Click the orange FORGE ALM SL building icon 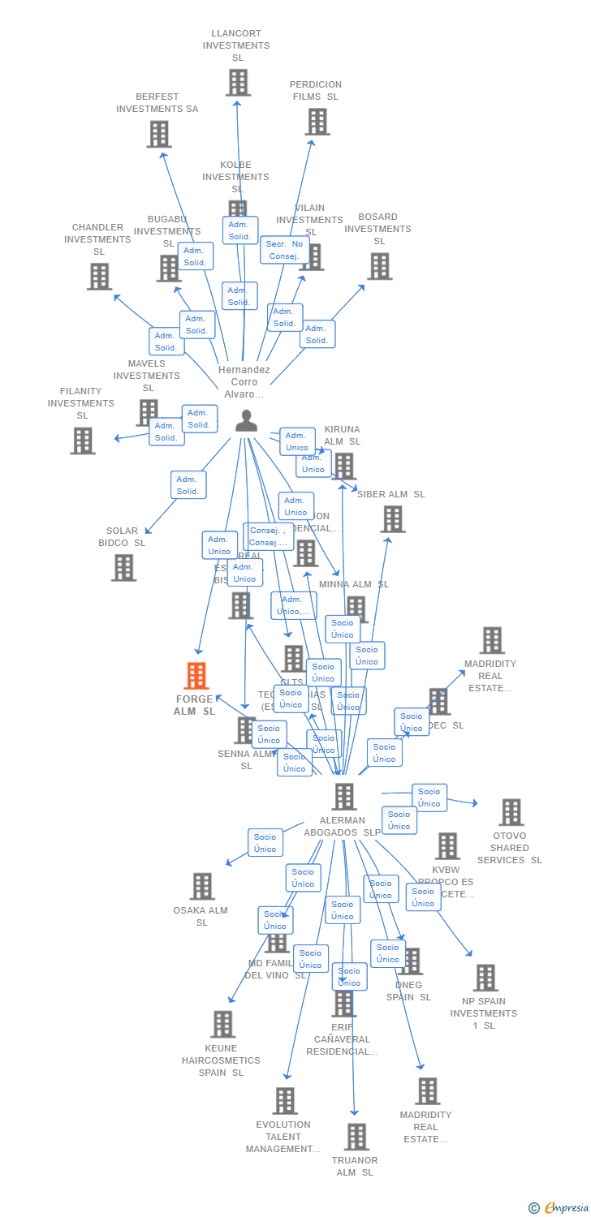196,676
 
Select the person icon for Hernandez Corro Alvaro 246,421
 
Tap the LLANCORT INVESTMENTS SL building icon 238,82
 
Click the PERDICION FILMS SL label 316,90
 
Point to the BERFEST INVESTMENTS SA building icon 159,134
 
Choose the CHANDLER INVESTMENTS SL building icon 99,277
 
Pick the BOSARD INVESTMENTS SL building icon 379,266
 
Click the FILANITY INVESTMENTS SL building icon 83,441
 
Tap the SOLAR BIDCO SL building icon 123,568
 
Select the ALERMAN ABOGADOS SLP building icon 344,797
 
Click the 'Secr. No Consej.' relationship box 285,250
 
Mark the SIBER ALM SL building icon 393,519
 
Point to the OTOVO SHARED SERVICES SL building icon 511,812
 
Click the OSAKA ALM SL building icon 202,887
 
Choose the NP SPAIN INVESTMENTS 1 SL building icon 485,978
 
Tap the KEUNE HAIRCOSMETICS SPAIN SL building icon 222,1025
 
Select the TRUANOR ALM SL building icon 356,1137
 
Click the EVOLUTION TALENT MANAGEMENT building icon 285,1101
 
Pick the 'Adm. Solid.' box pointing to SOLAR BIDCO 188,485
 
